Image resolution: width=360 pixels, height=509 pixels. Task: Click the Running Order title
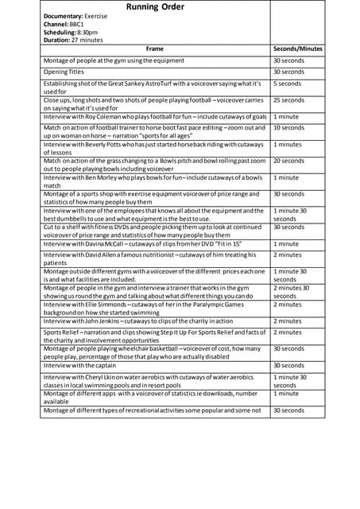pyautogui.click(x=155, y=7)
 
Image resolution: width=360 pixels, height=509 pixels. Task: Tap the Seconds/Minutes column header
pyautogui.click(x=297, y=49)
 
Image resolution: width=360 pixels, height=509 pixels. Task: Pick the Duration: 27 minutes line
pyautogui.click(x=73, y=40)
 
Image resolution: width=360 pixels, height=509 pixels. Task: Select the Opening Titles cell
pyautogui.click(x=64, y=72)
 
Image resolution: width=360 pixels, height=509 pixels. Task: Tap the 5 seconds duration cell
pyautogui.click(x=287, y=83)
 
